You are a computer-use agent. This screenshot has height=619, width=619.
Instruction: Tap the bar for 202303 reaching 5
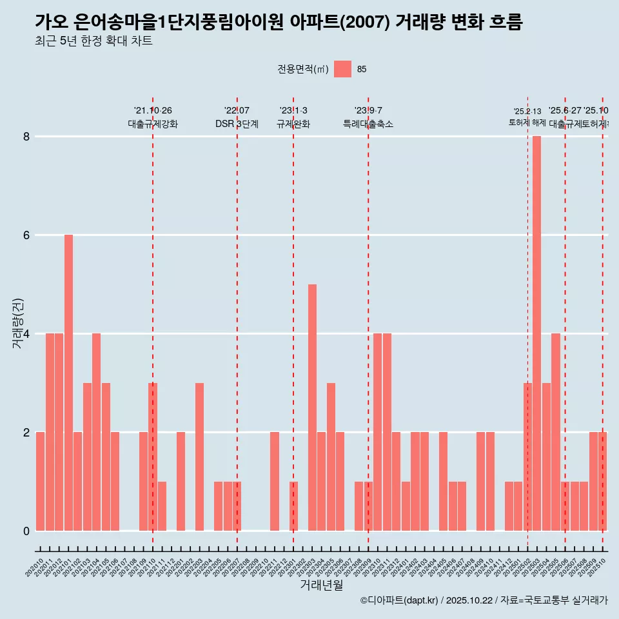(x=312, y=407)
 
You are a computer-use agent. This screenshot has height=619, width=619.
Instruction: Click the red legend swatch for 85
(x=342, y=69)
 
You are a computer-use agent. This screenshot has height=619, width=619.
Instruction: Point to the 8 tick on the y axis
(x=27, y=137)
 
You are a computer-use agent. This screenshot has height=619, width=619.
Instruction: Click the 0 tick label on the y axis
(x=27, y=531)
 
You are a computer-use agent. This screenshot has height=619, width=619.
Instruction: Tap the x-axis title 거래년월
(x=321, y=585)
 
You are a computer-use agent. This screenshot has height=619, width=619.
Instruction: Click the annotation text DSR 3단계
(x=237, y=124)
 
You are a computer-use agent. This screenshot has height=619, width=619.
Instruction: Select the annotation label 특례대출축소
(x=368, y=124)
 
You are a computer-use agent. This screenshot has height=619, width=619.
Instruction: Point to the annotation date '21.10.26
(x=153, y=111)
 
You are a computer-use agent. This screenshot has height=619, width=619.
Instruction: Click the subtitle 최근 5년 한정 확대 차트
(x=93, y=42)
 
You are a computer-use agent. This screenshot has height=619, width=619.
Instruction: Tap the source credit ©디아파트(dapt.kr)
(x=399, y=601)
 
